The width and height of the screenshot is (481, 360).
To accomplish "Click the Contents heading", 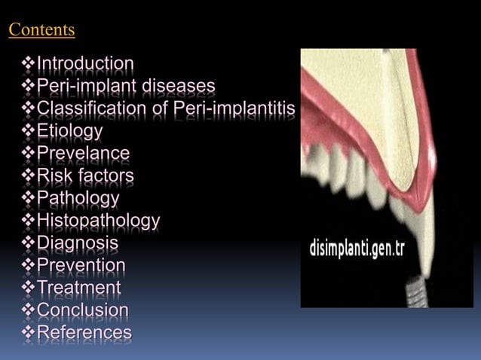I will click(x=41, y=30).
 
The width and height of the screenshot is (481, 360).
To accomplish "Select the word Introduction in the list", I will click(x=85, y=63).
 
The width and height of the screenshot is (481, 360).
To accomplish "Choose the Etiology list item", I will click(x=70, y=131).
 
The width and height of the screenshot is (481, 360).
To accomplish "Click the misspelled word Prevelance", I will click(x=83, y=154).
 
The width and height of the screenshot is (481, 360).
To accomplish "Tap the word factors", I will click(x=106, y=176).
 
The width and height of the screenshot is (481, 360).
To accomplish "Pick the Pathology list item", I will click(x=78, y=199).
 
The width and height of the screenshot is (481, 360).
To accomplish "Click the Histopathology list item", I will click(x=98, y=221).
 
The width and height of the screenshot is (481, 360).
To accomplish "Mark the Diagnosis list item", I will click(x=78, y=243).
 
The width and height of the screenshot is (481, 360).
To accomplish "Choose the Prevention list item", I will click(x=81, y=266).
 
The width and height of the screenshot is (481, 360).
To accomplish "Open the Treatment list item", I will click(x=78, y=288).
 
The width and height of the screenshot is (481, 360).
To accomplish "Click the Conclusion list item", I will click(x=83, y=310).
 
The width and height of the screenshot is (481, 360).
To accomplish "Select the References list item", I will click(x=84, y=333).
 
